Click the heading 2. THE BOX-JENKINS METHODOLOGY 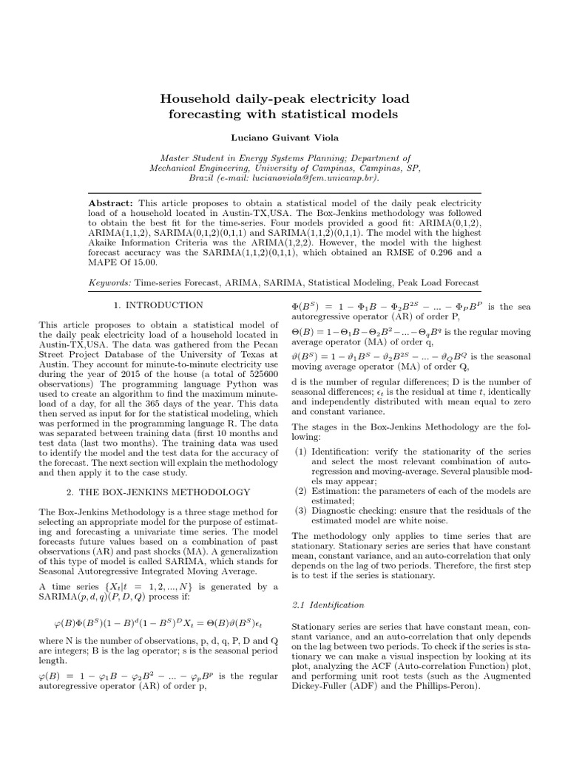[x=158, y=492]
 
